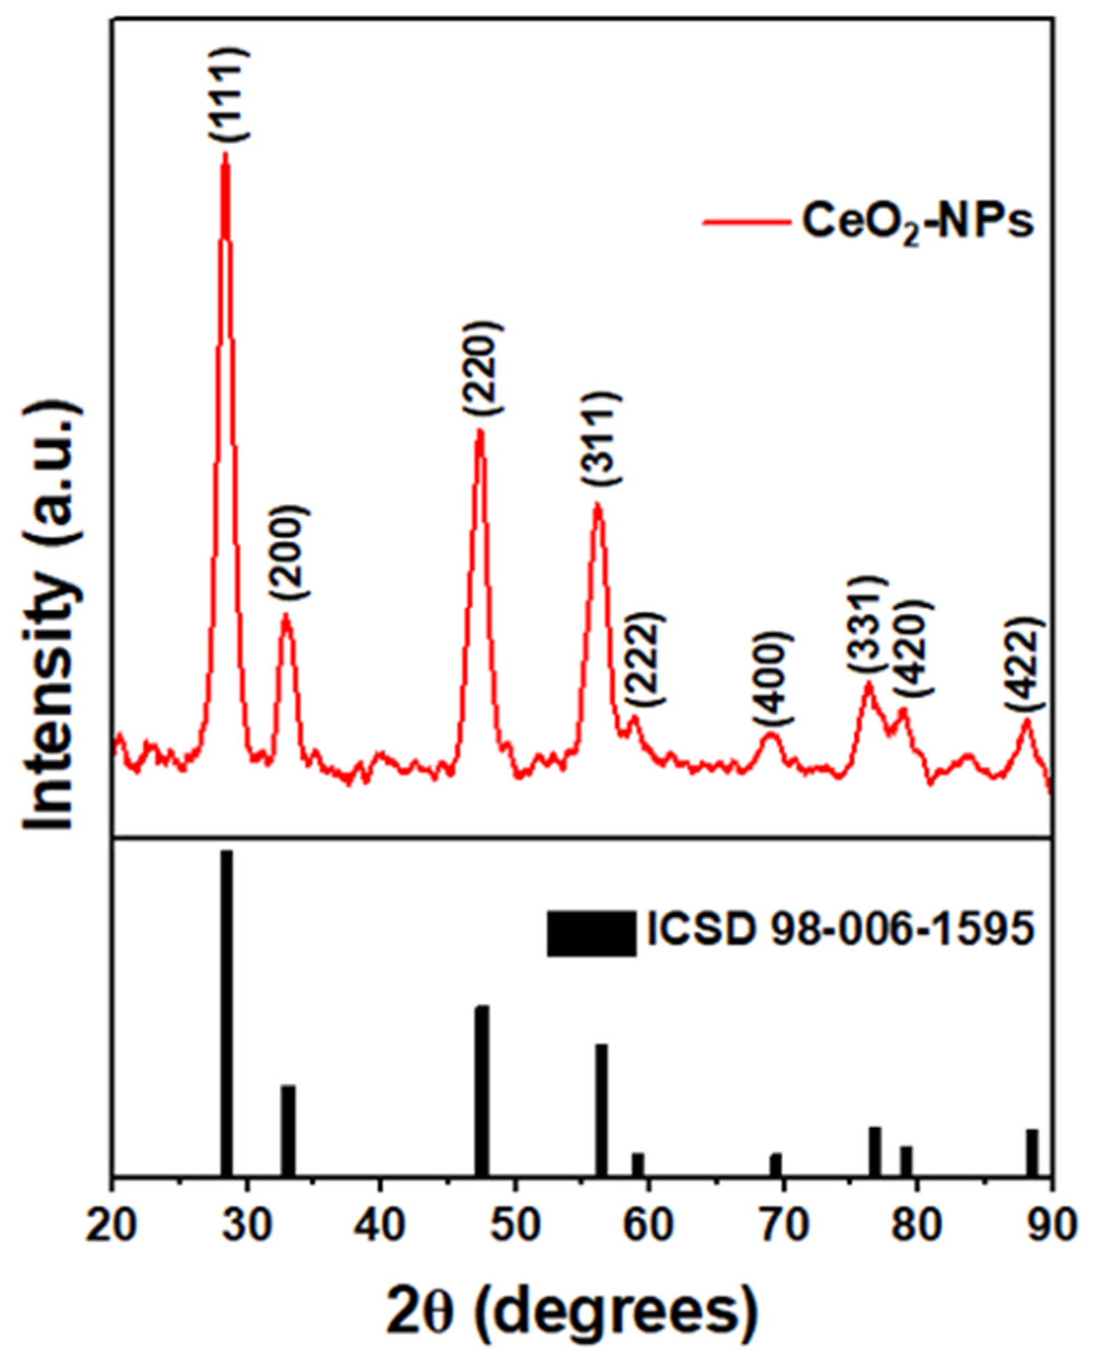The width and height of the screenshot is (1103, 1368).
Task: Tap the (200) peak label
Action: [x=289, y=552]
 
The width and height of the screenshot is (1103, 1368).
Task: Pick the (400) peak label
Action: [x=773, y=678]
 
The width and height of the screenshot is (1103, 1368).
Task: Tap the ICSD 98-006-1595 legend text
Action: [x=840, y=930]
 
